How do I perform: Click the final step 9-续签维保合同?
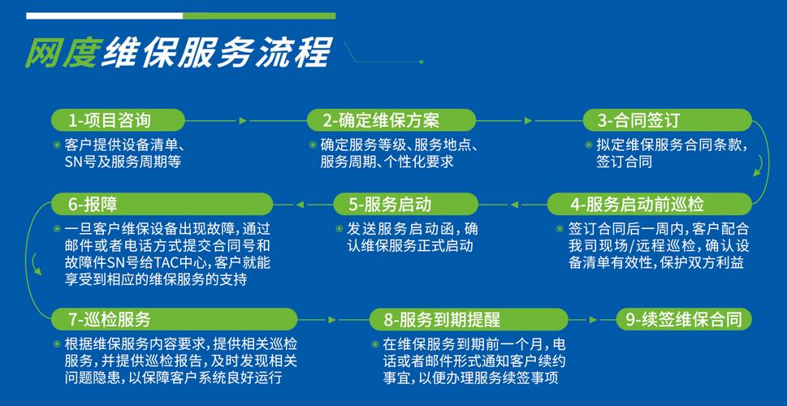point(684,319)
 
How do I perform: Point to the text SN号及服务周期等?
point(122,162)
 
